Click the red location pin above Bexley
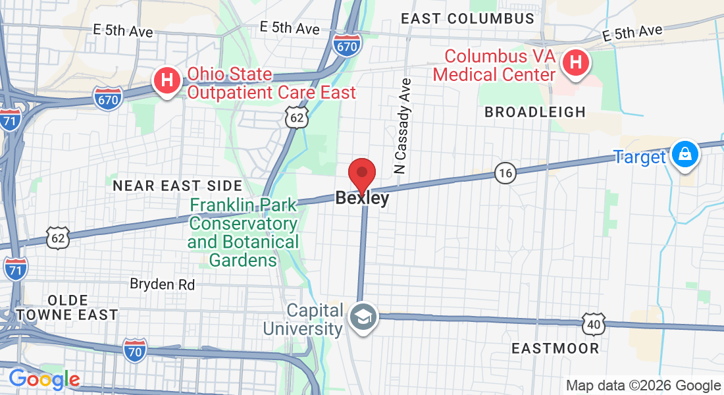coord(361,174)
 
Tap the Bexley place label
coord(362,197)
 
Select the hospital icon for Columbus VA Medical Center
coord(576,63)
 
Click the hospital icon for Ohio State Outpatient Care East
coord(167,81)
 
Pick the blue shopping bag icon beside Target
coord(685,155)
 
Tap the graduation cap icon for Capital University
coord(362,315)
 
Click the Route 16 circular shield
coord(505,173)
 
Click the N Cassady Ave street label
coord(403,126)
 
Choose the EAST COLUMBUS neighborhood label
coord(467,18)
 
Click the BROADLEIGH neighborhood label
coord(535,112)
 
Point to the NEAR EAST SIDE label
coord(178,186)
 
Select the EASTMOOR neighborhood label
coord(556,348)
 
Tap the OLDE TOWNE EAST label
coord(67,307)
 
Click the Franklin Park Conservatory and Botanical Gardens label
coord(243,233)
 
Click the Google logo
coord(44,379)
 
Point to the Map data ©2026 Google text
coord(643,386)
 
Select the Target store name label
coord(640,157)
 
